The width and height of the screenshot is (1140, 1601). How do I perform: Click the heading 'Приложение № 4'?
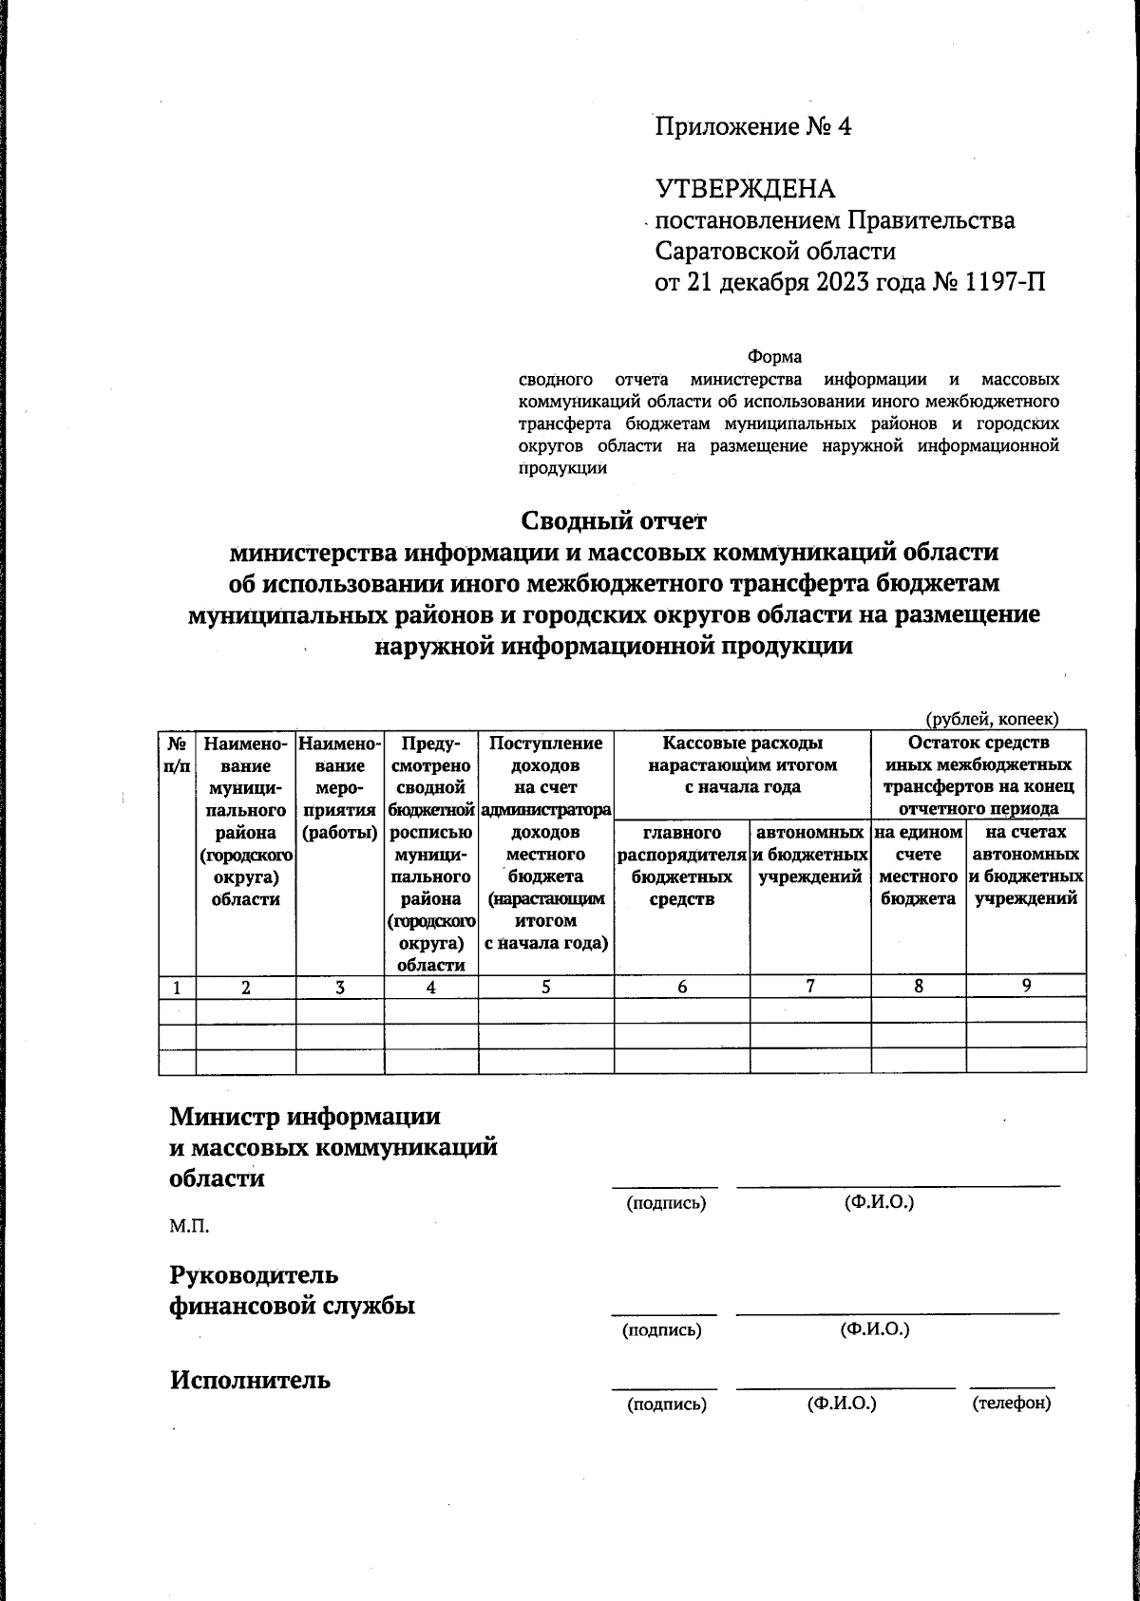[x=752, y=126]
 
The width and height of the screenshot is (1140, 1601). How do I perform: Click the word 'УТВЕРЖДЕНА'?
[x=745, y=189]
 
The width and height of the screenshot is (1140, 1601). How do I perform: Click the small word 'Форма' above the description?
[x=774, y=357]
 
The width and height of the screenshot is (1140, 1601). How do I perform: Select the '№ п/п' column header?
[x=177, y=754]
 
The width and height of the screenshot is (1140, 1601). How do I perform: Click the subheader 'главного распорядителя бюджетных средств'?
[x=681, y=866]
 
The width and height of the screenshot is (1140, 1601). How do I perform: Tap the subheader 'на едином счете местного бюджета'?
[x=918, y=866]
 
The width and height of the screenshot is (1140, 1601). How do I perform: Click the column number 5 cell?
[x=545, y=987]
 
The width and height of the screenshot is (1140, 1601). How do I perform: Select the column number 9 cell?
[x=1026, y=986]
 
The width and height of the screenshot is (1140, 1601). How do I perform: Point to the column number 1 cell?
[x=177, y=988]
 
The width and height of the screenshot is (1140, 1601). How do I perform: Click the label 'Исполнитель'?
[x=250, y=1380]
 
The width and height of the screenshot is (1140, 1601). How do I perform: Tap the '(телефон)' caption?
[x=1012, y=1403]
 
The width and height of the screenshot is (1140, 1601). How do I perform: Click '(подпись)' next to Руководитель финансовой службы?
[x=661, y=1330]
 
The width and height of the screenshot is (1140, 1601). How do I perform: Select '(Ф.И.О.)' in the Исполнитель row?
[x=841, y=1403]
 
